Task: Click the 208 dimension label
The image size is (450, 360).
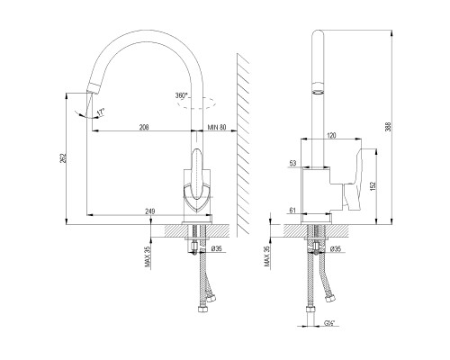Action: (144, 127)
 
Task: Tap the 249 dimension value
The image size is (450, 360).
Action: (150, 211)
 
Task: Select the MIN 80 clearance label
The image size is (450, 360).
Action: (217, 127)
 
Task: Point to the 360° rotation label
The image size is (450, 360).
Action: (182, 95)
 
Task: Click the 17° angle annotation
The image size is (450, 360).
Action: (101, 112)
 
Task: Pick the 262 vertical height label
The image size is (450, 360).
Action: (63, 158)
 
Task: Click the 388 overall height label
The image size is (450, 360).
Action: (389, 127)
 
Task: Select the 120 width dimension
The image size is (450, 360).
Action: (331, 136)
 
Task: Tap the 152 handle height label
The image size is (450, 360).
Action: (373, 186)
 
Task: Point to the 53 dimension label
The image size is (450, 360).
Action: (292, 163)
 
